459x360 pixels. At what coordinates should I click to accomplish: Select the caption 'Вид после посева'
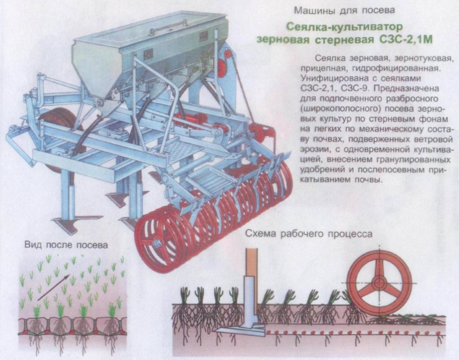pyautogui.click(x=66, y=246)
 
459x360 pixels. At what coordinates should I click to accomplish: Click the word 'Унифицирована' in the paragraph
pyautogui.click(x=331, y=79)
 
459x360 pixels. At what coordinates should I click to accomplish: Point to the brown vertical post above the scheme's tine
pyautogui.click(x=251, y=262)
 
